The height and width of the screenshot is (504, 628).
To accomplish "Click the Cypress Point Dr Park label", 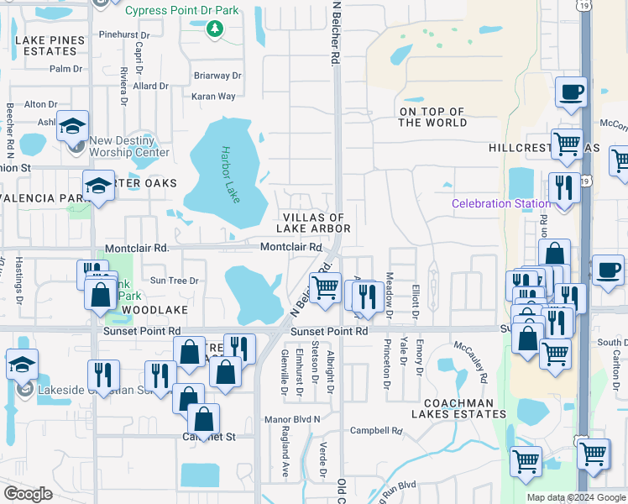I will click(182, 11).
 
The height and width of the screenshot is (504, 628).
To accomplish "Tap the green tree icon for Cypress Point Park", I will click(215, 29).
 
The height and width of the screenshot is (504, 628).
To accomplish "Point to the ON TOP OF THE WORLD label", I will click(432, 117).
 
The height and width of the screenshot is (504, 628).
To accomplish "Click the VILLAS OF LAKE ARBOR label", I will click(314, 223).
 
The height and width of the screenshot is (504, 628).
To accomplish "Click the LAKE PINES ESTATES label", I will click(50, 45).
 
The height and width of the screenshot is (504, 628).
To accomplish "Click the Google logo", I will click(28, 494).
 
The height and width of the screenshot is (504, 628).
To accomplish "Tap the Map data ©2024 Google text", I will click(576, 497).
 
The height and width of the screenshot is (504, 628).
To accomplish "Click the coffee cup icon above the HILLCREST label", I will click(571, 92).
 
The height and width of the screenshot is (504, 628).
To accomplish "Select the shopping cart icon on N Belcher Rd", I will click(325, 288).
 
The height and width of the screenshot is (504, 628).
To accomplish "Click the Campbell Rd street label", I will click(377, 431).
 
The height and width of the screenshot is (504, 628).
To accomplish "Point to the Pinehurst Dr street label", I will click(123, 35).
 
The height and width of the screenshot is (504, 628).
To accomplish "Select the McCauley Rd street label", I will click(471, 362).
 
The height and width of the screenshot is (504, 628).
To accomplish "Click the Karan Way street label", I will click(213, 97).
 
